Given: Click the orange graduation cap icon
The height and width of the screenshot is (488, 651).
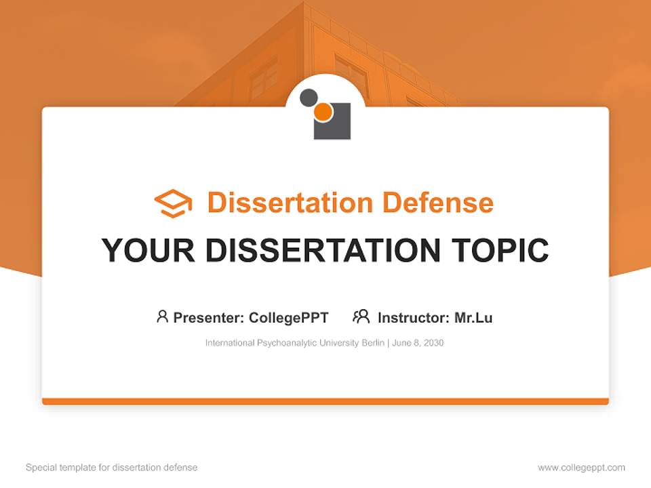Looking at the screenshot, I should [173, 203].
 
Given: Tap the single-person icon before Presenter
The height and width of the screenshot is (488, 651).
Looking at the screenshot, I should [162, 317].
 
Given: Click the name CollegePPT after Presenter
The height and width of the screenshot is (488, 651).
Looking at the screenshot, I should [289, 318].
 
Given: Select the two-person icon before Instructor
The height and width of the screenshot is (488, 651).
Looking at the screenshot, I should [361, 317].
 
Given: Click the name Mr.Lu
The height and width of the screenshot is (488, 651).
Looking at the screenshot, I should [473, 318].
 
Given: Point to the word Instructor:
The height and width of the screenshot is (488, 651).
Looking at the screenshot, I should [414, 318].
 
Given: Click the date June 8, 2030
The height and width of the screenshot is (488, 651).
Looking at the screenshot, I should [418, 343].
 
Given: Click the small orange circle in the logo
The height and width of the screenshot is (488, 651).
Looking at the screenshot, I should [323, 113].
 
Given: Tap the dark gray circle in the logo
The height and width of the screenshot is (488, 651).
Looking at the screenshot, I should [308, 97].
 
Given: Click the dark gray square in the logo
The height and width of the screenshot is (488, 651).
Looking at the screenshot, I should [336, 127].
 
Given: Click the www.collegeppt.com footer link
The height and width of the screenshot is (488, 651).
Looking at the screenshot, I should [581, 468].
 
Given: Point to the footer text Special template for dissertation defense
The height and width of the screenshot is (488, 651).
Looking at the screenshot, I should [112, 468].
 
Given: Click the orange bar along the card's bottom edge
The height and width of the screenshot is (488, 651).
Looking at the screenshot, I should [325, 401].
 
